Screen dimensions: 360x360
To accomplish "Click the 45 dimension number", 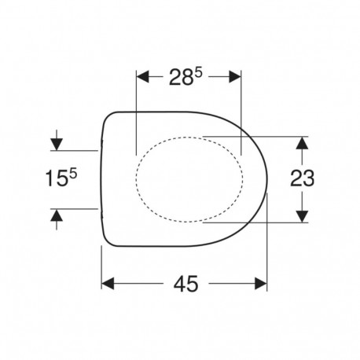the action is (x=186, y=284).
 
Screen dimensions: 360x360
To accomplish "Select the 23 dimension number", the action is (x=302, y=178).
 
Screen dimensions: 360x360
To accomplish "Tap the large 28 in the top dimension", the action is (x=181, y=77).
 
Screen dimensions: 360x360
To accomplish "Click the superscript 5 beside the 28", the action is (x=198, y=73).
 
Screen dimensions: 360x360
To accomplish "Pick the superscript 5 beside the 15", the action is (x=73, y=174).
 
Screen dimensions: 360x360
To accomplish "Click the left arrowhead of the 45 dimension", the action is (x=108, y=284).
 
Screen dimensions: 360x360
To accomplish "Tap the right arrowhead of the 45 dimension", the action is (x=261, y=284).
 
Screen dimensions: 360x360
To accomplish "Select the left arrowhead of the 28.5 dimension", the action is (x=143, y=77).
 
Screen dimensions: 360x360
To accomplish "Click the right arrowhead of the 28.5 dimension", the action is (x=234, y=77).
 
